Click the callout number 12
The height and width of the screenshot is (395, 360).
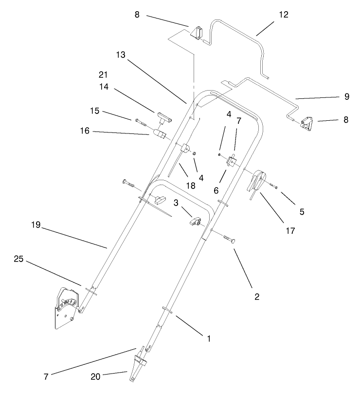[x=283, y=15]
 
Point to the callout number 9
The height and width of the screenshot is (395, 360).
[x=346, y=96]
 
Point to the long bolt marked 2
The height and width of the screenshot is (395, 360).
[x=227, y=239]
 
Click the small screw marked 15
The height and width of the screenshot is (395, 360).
[x=143, y=122]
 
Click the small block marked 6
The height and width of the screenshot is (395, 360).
[x=230, y=160]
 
